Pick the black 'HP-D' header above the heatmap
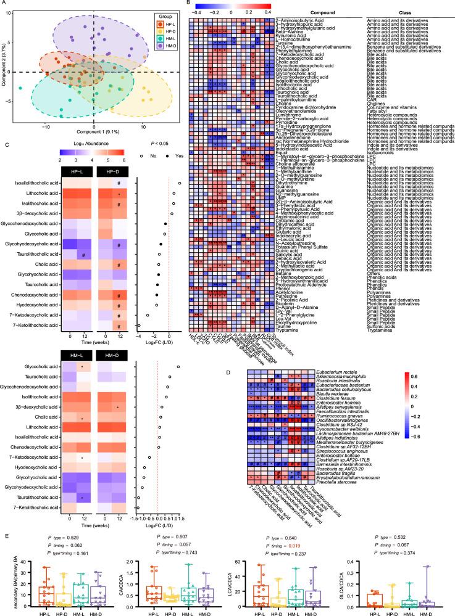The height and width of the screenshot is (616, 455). coord(111,173)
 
